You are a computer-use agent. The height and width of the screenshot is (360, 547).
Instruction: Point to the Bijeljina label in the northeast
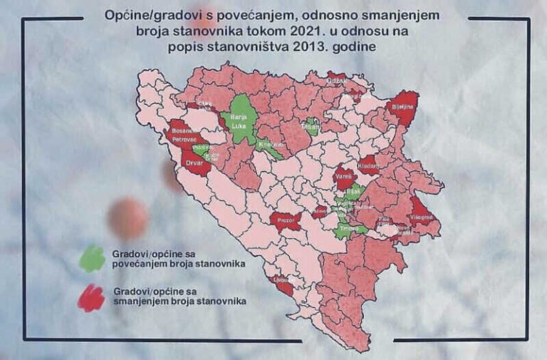pyautogui.click(x=402, y=106)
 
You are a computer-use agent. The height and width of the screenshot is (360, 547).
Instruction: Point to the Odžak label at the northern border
pyautogui.click(x=336, y=81)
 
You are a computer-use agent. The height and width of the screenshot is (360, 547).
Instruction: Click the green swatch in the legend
pyautogui.click(x=90, y=258)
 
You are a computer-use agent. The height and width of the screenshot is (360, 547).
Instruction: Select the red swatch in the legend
pyautogui.click(x=90, y=297)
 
